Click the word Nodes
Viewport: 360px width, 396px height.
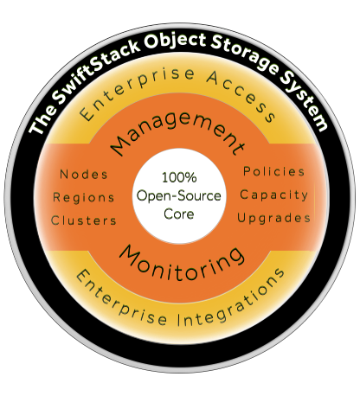coord(84,175)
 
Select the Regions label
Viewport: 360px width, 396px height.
coord(84,198)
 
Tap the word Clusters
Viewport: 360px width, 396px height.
coord(84,220)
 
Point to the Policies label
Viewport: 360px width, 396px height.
coord(274,171)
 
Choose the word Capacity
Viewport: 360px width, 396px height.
coord(274,195)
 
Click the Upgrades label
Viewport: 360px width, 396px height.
coord(274,218)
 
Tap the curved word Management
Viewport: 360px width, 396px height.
coord(177,131)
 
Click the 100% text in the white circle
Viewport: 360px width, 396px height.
coord(179,177)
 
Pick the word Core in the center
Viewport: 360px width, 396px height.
coord(179,214)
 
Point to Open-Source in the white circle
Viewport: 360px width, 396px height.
coord(179,196)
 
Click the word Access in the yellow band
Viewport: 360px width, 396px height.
coord(241,95)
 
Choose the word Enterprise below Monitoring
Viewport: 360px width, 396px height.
coord(121,300)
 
